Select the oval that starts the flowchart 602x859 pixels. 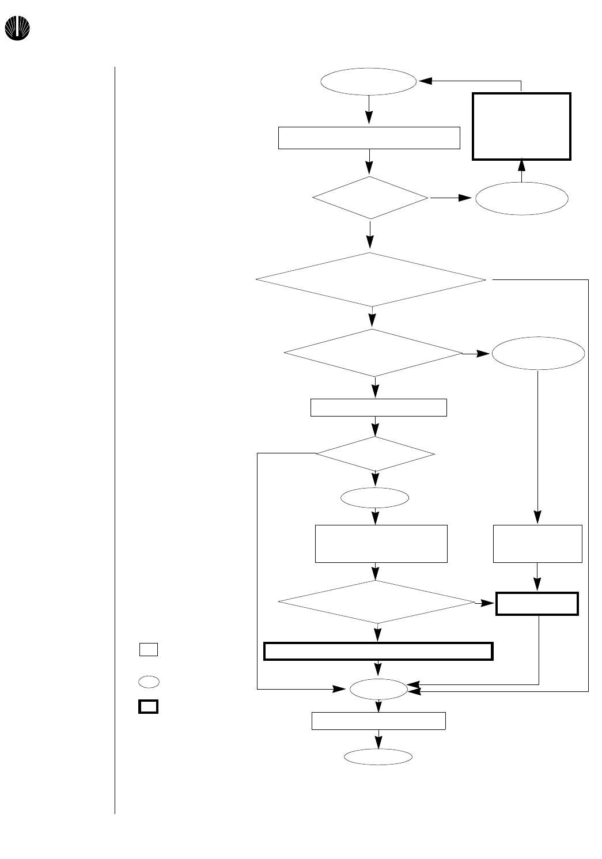point(368,82)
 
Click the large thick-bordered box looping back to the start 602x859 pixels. point(521,126)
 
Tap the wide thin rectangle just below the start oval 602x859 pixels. point(369,138)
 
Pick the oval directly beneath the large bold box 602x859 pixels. point(522,199)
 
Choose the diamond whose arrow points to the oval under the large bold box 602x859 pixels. point(370,198)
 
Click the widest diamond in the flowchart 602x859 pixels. point(371,280)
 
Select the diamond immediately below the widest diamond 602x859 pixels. point(373,353)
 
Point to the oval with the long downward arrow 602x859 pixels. point(538,353)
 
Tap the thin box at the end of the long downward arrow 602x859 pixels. point(537,543)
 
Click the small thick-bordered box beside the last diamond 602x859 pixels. point(537,604)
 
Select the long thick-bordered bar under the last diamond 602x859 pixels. point(378,651)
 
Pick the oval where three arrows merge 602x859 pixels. point(378,689)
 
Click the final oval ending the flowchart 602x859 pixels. point(378,757)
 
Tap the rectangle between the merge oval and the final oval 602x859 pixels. point(378,721)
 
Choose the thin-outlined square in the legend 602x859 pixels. point(148,649)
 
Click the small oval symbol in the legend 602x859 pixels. point(148,682)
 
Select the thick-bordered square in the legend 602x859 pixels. point(148,707)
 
